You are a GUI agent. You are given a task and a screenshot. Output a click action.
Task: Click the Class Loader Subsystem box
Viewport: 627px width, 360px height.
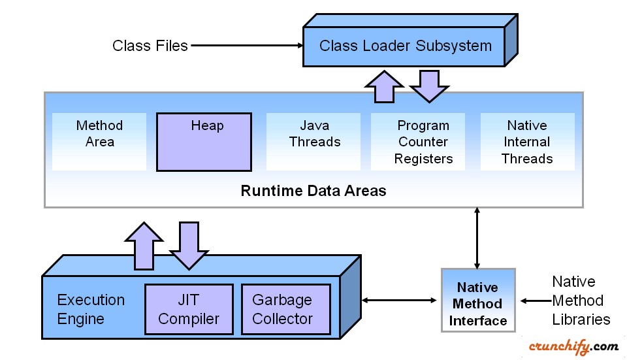click(405, 46)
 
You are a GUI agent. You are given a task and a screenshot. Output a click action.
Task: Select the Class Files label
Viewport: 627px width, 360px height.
click(150, 46)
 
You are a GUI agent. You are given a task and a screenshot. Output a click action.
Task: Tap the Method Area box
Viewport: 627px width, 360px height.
click(99, 141)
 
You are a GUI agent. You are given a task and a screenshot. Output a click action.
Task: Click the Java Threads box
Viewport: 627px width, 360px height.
click(314, 141)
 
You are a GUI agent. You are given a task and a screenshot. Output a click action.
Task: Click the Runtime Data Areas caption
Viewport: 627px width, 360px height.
click(313, 191)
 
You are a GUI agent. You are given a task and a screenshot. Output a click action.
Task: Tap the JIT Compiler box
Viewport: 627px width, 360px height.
click(189, 310)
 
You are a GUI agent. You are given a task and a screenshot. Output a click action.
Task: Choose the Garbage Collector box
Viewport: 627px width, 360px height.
click(282, 310)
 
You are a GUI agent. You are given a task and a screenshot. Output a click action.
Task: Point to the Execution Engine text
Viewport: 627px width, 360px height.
click(91, 310)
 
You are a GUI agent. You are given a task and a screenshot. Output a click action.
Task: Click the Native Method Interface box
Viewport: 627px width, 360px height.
click(478, 304)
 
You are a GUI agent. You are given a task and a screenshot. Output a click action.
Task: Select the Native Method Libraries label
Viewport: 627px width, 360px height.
click(581, 301)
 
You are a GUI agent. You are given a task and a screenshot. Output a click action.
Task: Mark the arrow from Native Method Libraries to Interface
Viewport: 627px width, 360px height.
click(535, 301)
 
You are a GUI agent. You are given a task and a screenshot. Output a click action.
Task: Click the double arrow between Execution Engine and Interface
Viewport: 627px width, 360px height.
click(399, 300)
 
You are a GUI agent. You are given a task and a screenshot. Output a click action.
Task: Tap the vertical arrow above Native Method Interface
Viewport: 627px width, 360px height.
click(478, 238)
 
